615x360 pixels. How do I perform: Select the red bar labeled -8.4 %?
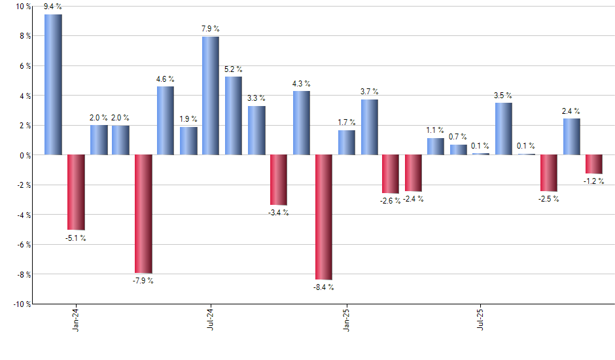coord(324,217)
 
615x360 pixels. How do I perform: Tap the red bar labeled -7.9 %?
coord(143,213)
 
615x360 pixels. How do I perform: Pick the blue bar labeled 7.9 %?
coord(211,96)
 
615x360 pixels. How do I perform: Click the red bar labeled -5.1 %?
coord(76,192)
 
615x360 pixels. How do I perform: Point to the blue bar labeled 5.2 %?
coord(234,116)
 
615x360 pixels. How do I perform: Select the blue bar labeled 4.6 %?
coord(166,120)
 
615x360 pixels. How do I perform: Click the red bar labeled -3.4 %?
coord(279,180)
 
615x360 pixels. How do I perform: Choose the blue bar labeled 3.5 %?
coord(504,129)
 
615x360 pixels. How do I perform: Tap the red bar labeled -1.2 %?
coord(594,164)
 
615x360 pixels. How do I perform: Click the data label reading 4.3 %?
coord(302,84)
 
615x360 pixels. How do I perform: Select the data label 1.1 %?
coord(435,130)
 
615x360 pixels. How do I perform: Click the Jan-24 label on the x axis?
coord(77,319)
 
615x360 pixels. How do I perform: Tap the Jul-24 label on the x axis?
coord(211,319)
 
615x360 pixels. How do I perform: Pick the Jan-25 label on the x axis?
coord(347,319)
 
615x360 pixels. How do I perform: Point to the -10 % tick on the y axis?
coord(21,304)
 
